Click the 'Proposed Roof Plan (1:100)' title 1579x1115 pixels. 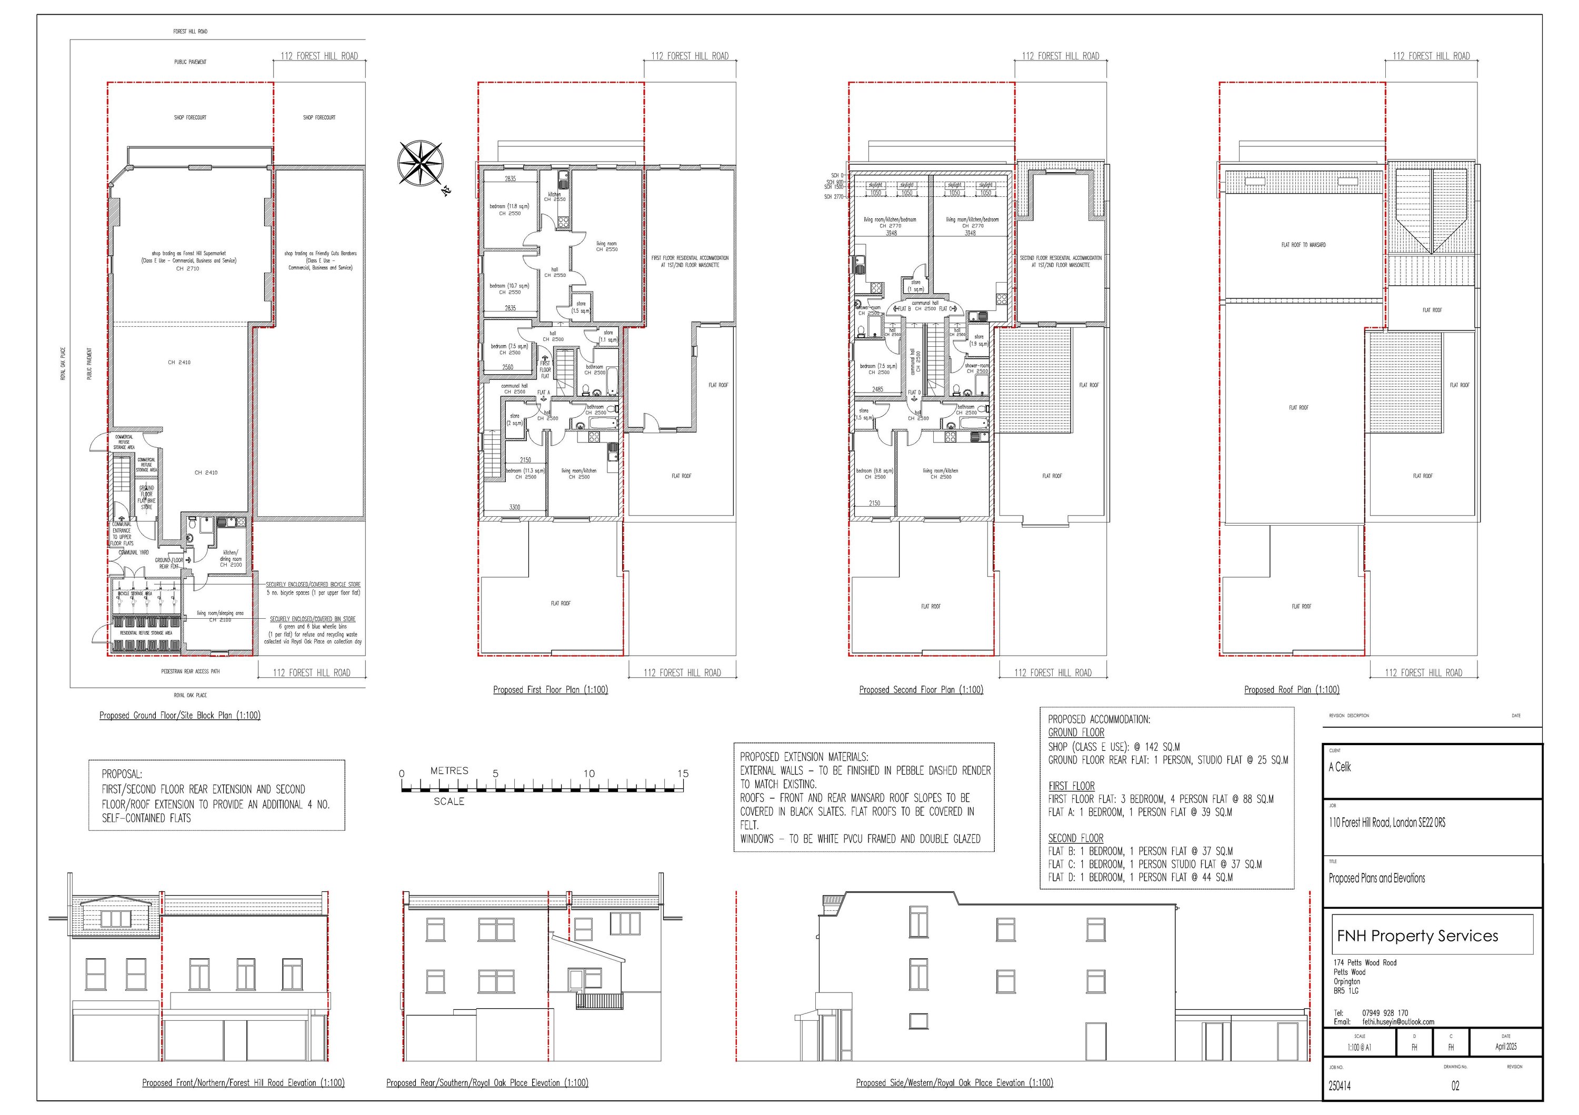pyautogui.click(x=1291, y=689)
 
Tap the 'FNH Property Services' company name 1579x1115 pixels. pyautogui.click(x=1417, y=936)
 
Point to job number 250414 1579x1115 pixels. pyautogui.click(x=1339, y=1086)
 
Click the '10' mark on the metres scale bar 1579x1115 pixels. pyautogui.click(x=588, y=774)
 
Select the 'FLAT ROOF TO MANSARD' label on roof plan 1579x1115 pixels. pyautogui.click(x=1303, y=245)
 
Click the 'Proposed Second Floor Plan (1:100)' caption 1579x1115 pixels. pyautogui.click(x=921, y=689)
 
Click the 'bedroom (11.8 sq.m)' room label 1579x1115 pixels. pyautogui.click(x=509, y=207)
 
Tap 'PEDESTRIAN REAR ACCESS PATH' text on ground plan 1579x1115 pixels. pyautogui.click(x=191, y=671)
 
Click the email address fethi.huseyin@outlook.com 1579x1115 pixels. pyautogui.click(x=1398, y=1021)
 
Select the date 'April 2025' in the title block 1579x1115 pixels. pyautogui.click(x=1505, y=1046)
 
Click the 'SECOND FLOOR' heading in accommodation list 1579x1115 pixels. pyautogui.click(x=1076, y=838)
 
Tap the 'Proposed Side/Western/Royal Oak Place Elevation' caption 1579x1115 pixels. pyautogui.click(x=954, y=1083)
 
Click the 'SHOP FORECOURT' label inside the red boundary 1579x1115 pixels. pyautogui.click(x=190, y=117)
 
